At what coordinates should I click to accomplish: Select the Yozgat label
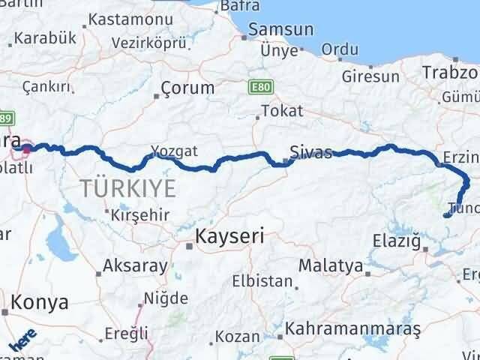click(x=174, y=151)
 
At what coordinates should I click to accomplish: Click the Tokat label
click(x=282, y=111)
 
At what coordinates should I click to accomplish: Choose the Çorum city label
click(x=188, y=88)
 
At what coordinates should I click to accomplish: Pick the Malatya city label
click(x=330, y=265)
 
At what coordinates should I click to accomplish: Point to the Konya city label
click(x=38, y=303)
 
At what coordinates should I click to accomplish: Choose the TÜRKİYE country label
click(x=129, y=188)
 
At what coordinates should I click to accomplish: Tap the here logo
click(x=22, y=343)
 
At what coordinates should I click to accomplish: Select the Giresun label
click(x=370, y=76)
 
